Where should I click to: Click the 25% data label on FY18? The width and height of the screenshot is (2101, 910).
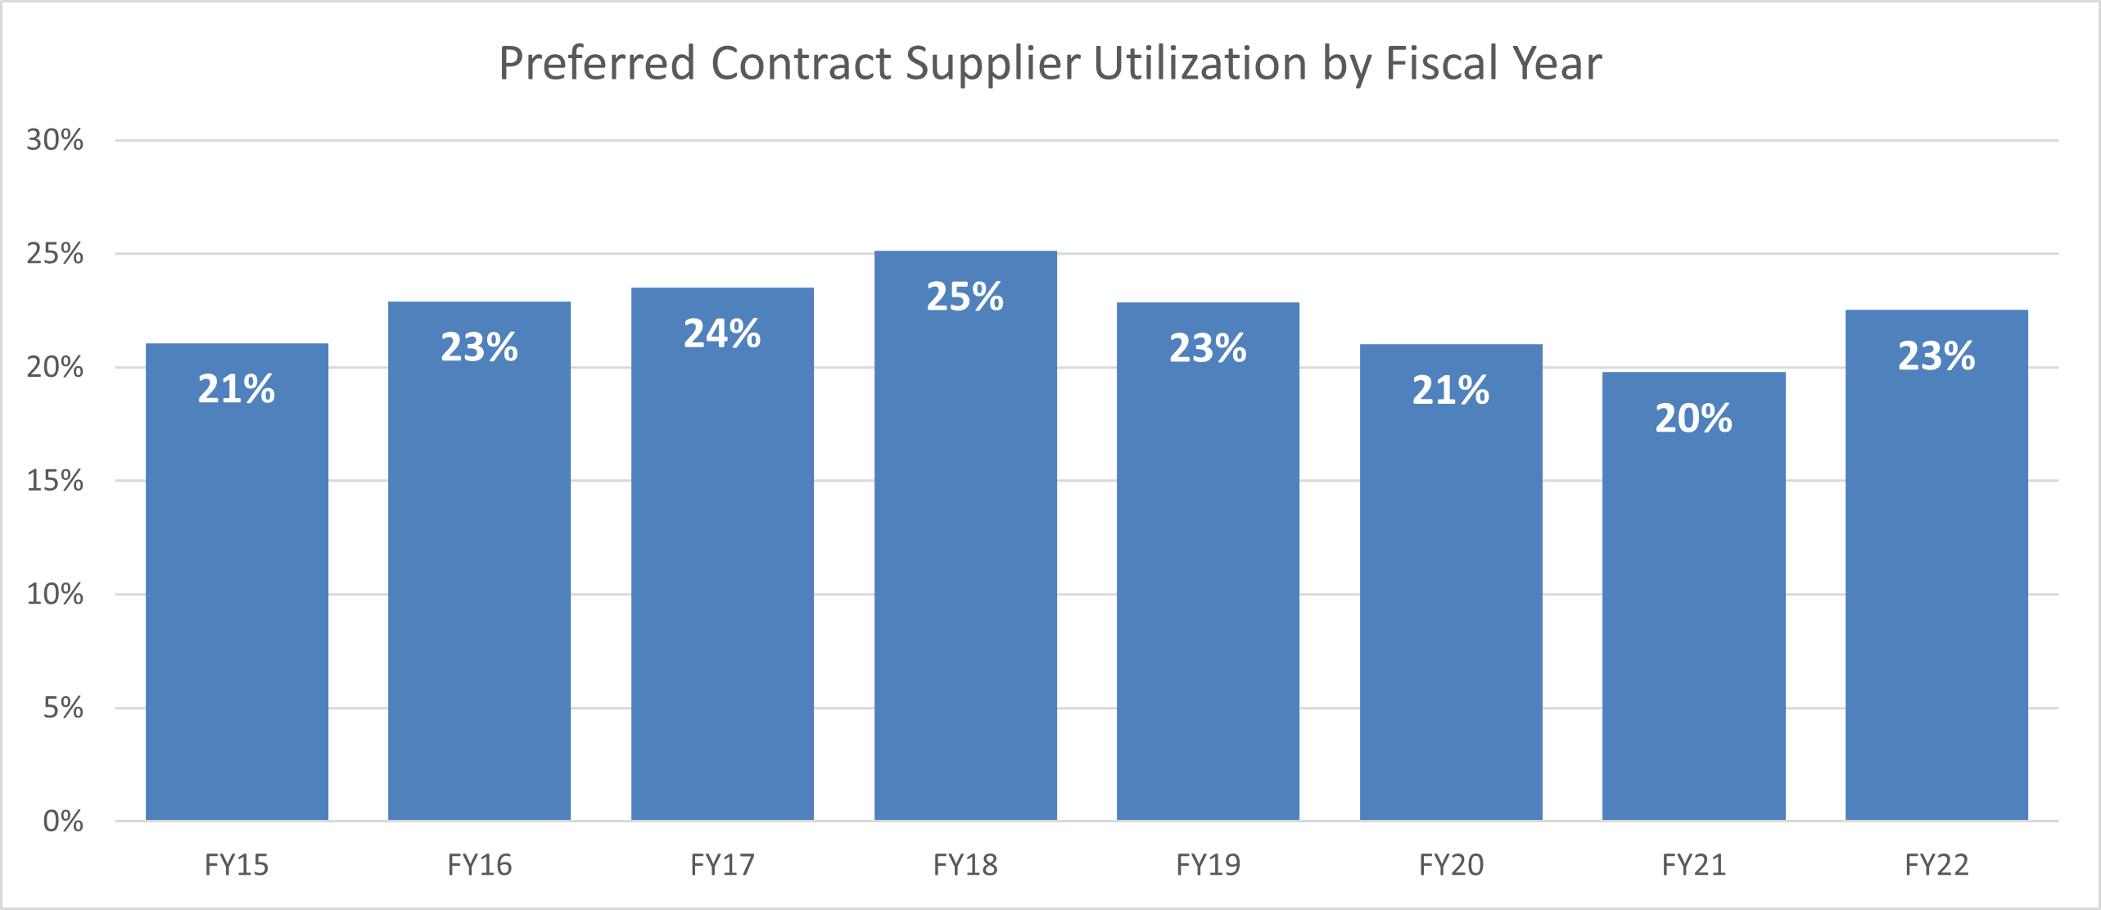pyautogui.click(x=965, y=297)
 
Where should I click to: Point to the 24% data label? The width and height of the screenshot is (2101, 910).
pyautogui.click(x=722, y=333)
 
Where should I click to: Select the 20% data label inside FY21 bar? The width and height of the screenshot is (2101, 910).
pyautogui.click(x=1693, y=419)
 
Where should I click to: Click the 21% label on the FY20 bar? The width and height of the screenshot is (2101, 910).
pyautogui.click(x=1450, y=390)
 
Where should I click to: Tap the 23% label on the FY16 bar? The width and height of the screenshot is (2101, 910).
pyautogui.click(x=479, y=347)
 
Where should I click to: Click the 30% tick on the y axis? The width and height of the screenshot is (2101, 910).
pyautogui.click(x=55, y=140)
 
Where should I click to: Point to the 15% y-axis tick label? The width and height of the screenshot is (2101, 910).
pyautogui.click(x=55, y=481)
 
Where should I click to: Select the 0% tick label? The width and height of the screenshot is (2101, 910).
pyautogui.click(x=63, y=821)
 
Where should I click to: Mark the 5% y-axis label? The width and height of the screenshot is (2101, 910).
pyautogui.click(x=63, y=708)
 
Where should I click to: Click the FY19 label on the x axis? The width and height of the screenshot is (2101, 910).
pyautogui.click(x=1208, y=865)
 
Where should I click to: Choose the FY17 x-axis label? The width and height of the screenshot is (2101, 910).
pyautogui.click(x=722, y=865)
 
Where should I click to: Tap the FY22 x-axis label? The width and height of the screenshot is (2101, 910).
pyautogui.click(x=1936, y=865)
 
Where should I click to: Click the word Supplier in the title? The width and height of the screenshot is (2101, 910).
pyautogui.click(x=992, y=64)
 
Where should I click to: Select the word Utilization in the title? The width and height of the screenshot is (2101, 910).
pyautogui.click(x=1200, y=64)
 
